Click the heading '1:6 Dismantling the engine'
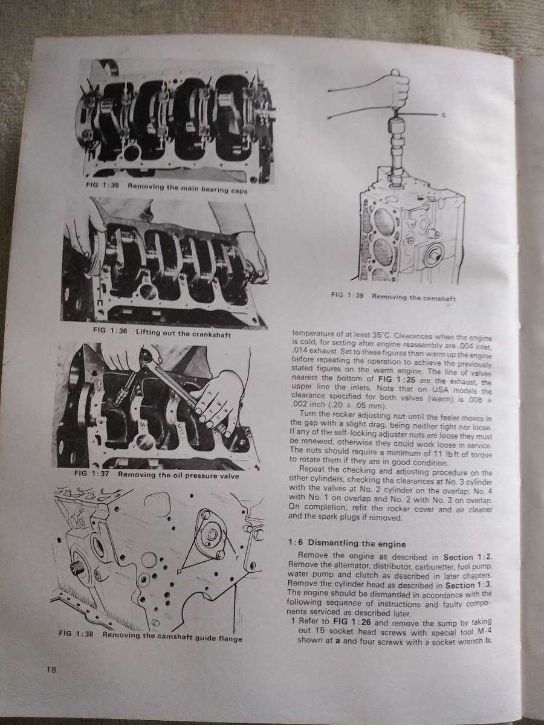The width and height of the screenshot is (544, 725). point(346,544)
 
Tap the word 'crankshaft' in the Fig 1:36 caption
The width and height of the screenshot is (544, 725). point(210,333)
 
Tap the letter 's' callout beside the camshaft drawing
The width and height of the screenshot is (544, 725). point(444,115)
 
